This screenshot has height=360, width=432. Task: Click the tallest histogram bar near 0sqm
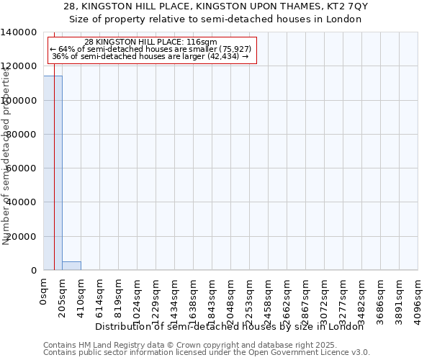pyautogui.click(x=53, y=173)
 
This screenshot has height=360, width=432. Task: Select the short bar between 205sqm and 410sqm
pyautogui.click(x=71, y=266)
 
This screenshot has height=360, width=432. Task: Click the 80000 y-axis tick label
pyautogui.click(x=22, y=135)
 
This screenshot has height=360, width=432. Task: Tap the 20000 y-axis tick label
pyautogui.click(x=22, y=237)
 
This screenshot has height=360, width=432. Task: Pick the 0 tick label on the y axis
pyautogui.click(x=35, y=271)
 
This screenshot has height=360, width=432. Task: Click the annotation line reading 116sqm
pyautogui.click(x=150, y=42)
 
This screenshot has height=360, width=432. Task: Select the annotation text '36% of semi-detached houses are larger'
pyautogui.click(x=150, y=56)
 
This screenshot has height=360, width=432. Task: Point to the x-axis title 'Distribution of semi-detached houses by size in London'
pyautogui.click(x=230, y=326)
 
